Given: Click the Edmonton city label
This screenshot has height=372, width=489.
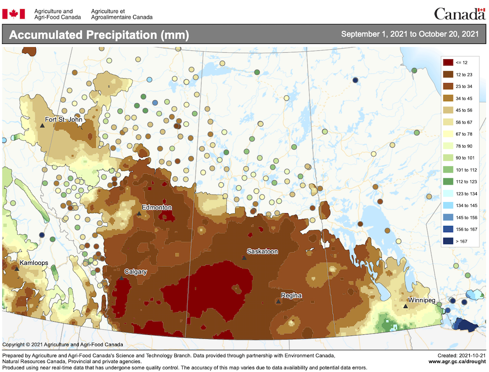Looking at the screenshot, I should tap(157, 207).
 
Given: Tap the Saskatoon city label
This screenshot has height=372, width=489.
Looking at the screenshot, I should tap(262, 251).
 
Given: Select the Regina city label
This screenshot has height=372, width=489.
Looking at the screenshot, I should tap(291, 295).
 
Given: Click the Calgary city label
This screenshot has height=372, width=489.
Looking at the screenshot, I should tap(135, 271).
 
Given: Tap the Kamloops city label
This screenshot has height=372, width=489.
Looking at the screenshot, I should tap(34, 263).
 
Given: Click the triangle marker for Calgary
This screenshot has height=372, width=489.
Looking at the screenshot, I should tap(121, 278).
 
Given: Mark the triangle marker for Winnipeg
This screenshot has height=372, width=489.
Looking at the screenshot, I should tap(405, 306).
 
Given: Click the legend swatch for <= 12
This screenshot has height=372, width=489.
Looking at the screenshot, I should tap(447, 63).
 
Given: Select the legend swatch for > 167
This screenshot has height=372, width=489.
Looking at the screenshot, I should tap(447, 241).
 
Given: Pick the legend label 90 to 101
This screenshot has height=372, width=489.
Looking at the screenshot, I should tap(465, 157).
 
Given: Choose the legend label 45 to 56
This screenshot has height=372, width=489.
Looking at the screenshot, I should tap(465, 110).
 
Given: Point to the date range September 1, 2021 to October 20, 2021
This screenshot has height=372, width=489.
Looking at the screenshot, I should tap(409, 34).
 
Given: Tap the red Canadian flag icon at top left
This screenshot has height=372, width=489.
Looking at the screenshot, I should tap(13, 14).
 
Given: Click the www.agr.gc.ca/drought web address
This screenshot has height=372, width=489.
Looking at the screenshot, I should tap(457, 361).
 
